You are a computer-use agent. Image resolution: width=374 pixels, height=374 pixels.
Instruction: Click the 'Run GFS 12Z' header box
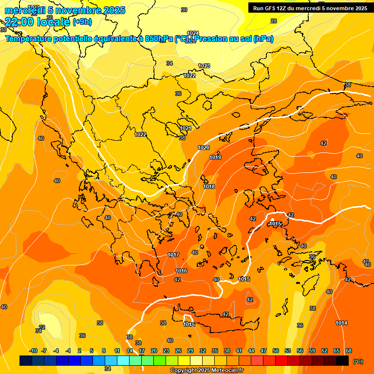pos(309,8)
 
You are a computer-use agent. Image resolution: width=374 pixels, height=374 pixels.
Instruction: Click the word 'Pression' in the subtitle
pos(212,39)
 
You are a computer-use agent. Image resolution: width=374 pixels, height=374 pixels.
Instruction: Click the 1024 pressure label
pos(193,33)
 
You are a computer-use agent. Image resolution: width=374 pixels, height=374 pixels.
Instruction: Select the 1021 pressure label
pos(186,128)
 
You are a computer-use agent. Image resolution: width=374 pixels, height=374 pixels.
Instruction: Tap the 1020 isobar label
pos(204,148)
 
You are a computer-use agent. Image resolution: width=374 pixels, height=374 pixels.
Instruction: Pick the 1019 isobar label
pos(215,157)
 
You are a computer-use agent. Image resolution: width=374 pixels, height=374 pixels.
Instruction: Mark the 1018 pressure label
pos(209,187)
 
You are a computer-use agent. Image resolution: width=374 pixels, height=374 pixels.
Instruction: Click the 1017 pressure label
pos(173,255)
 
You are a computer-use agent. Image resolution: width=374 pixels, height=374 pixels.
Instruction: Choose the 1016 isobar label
pos(181,271)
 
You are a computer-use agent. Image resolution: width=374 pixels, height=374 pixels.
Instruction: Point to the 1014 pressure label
pos(341,323)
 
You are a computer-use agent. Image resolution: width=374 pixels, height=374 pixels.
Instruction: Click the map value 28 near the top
pos(274,21)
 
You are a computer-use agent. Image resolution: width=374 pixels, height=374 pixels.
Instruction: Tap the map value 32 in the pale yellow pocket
pos(42,327)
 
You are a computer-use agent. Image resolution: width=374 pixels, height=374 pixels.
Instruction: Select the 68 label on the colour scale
pos(349,351)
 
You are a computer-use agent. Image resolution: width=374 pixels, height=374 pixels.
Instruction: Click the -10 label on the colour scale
pos(33,351)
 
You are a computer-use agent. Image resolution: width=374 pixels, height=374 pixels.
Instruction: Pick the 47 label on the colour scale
pos(263,351)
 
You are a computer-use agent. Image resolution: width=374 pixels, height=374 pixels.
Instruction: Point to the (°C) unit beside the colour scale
pos(357,361)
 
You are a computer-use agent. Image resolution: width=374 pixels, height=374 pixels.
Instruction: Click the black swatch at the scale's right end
pos(342,361)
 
